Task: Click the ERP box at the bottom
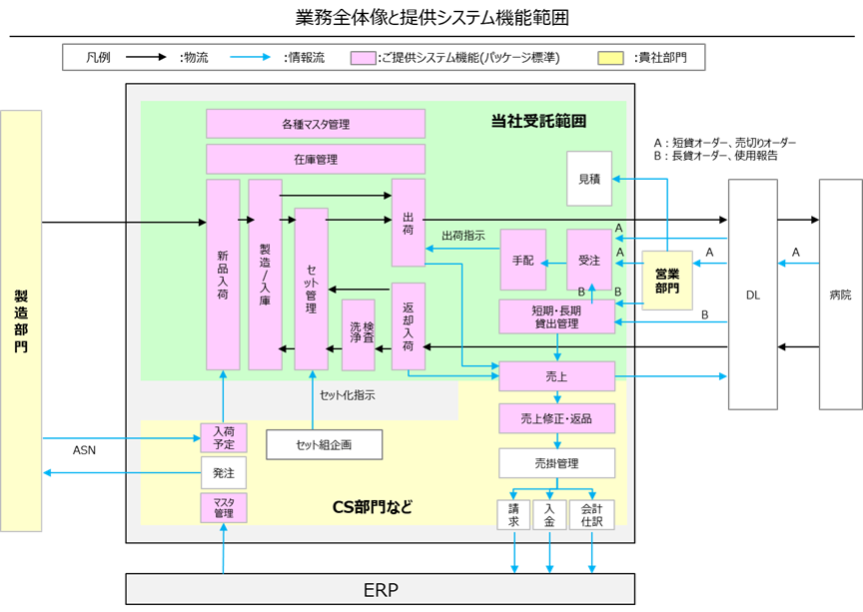point(380,589)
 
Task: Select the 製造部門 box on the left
point(21,319)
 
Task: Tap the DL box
point(752,295)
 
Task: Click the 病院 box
point(840,295)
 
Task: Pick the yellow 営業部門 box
point(667,280)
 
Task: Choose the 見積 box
point(589,179)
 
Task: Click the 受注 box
point(589,260)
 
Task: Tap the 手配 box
point(523,260)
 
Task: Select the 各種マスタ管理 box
point(316,124)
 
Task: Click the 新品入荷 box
point(223,275)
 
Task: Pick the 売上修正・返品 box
point(556,418)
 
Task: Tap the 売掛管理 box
point(556,463)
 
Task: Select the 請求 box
point(512,514)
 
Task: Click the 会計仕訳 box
point(590,514)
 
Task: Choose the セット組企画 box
point(324,444)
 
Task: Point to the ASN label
point(85,449)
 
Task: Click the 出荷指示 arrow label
point(463,237)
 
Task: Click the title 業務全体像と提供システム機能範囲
point(432,18)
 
